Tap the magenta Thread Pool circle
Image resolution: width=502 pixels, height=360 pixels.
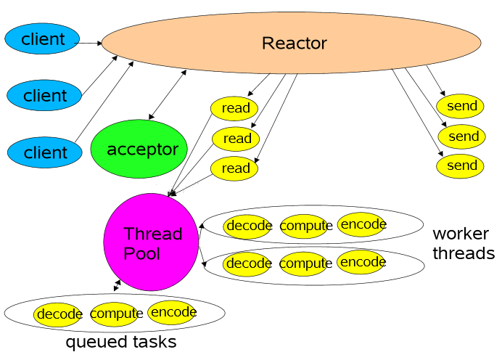(152, 242)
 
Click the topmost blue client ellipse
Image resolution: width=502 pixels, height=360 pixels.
(42, 39)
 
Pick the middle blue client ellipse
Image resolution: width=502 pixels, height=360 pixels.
(44, 95)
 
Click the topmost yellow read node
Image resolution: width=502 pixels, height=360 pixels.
(235, 108)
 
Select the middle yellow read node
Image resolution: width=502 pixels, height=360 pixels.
(236, 138)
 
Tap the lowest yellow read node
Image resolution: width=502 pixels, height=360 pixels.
(235, 168)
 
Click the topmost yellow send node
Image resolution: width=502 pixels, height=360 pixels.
(461, 106)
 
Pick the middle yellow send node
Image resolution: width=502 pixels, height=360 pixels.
(461, 136)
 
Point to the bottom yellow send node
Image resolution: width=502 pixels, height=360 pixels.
(461, 165)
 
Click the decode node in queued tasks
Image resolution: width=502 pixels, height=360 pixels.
(58, 314)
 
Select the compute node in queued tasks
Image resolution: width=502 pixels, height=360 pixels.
(115, 314)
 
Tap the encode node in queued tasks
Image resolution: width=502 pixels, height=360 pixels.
(173, 313)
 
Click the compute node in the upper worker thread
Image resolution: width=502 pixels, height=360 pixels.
(305, 226)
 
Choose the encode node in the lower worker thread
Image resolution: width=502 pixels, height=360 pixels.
(362, 261)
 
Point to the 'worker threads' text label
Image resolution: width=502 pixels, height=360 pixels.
(463, 244)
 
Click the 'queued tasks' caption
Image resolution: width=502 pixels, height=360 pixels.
(120, 342)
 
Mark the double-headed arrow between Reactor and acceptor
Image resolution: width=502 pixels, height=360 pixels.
(168, 94)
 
